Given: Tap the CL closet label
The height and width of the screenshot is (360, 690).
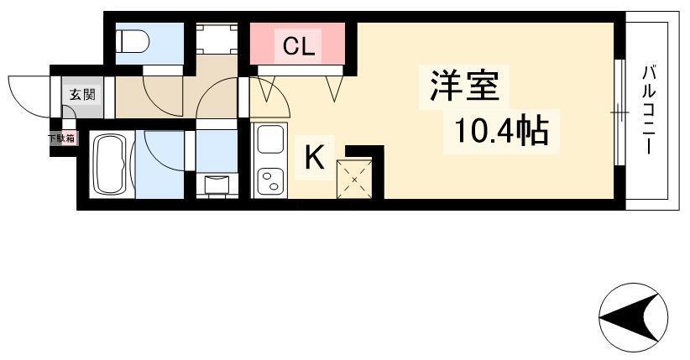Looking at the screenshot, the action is pyautogui.click(x=299, y=45).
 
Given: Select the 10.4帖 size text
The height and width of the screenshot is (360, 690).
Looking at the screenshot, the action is pyautogui.click(x=501, y=131).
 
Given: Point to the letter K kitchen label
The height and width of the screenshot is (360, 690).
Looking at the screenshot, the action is pyautogui.click(x=315, y=158).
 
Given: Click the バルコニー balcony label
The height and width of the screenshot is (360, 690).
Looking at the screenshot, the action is pyautogui.click(x=649, y=110).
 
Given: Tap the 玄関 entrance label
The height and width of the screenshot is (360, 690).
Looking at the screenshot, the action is pyautogui.click(x=82, y=94).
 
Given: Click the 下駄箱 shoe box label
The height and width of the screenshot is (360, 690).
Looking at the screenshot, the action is pyautogui.click(x=61, y=138).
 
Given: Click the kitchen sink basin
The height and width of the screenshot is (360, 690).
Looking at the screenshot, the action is pyautogui.click(x=269, y=139).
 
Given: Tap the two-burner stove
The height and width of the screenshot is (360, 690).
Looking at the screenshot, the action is pyautogui.click(x=269, y=180).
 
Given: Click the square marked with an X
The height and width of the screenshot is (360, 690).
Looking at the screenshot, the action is pyautogui.click(x=354, y=179).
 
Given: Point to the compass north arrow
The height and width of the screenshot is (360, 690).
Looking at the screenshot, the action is pyautogui.click(x=633, y=317).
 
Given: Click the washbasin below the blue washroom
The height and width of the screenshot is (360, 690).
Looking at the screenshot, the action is pyautogui.click(x=217, y=185).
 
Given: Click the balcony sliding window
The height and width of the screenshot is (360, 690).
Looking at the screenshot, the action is pyautogui.click(x=619, y=112).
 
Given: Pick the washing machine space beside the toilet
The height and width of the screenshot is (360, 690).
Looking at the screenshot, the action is pyautogui.click(x=217, y=39).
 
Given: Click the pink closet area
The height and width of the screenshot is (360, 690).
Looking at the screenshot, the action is pyautogui.click(x=297, y=43).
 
